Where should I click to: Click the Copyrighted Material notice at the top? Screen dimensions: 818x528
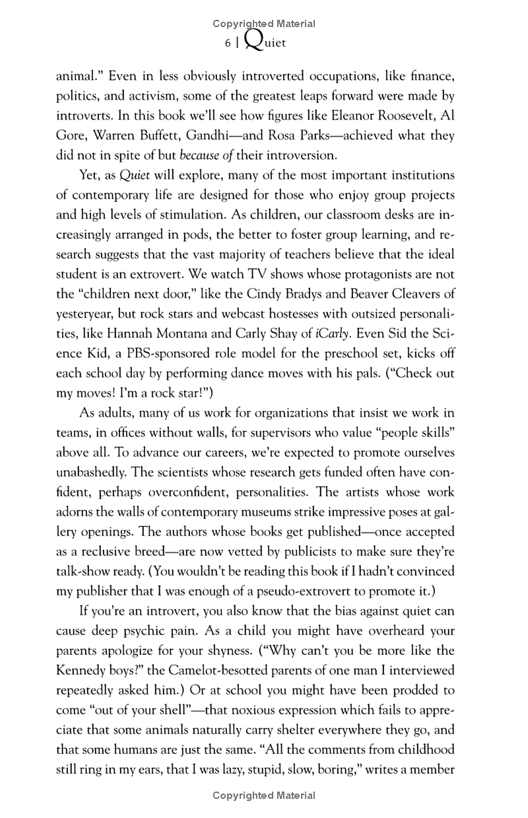coord(264,24)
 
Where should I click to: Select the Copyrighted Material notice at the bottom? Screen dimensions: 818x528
coord(264,796)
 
